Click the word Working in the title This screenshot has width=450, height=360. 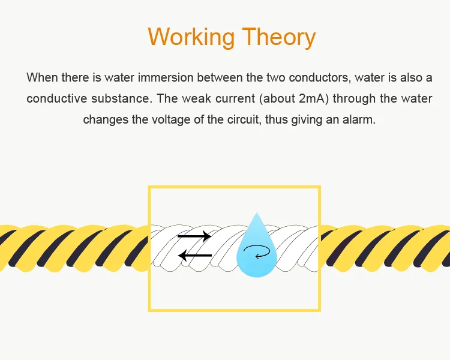(191, 37)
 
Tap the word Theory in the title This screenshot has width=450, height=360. (279, 37)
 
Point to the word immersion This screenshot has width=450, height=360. (160, 78)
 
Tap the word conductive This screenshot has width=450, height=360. (55, 98)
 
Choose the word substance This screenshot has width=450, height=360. (119, 98)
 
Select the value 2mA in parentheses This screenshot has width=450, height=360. (312, 98)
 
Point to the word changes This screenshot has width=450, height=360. (104, 119)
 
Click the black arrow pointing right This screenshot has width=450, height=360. (195, 236)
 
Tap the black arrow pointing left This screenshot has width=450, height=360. (195, 256)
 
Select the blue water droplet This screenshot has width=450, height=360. (257, 249)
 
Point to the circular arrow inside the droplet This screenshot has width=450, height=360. (262, 254)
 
